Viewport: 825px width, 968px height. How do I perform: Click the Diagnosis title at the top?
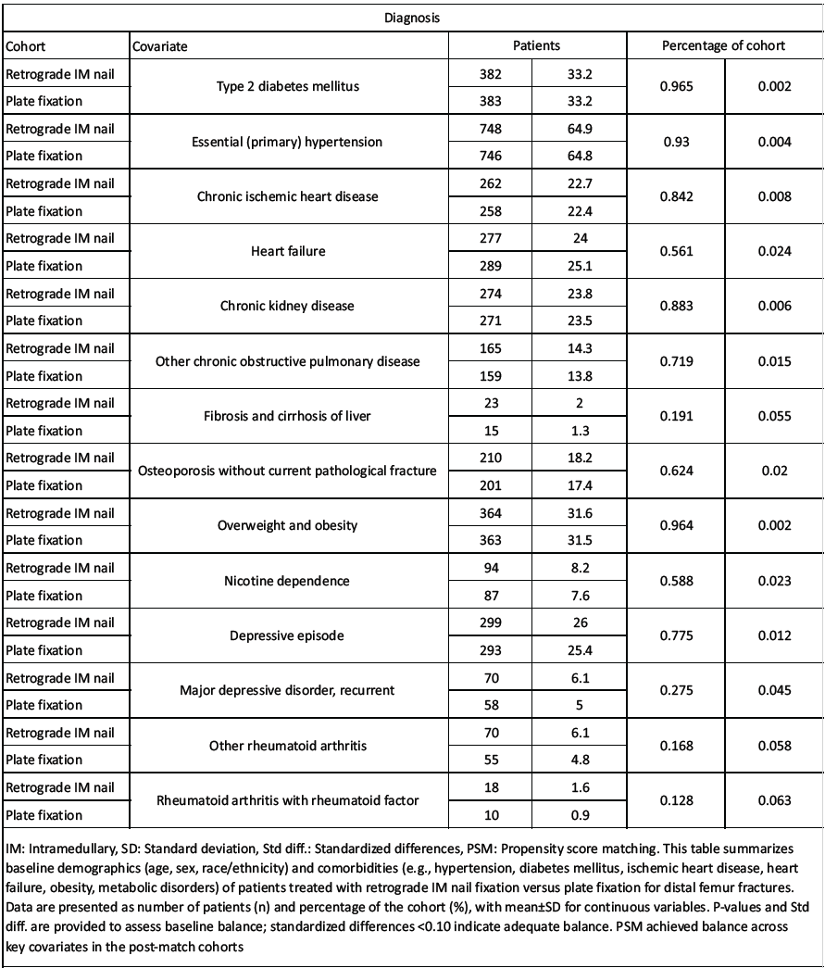click(x=412, y=17)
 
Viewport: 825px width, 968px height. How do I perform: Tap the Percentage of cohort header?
click(x=724, y=45)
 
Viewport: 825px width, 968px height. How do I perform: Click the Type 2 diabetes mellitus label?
click(x=290, y=86)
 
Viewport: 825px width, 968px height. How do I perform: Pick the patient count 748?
click(x=494, y=128)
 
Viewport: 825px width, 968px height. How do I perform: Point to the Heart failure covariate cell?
click(x=290, y=251)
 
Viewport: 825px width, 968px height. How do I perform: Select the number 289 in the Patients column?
click(x=494, y=266)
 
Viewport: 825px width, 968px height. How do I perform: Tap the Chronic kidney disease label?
click(x=290, y=306)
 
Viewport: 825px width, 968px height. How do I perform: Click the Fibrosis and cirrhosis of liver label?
click(x=290, y=416)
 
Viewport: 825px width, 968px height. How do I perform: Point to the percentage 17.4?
click(x=582, y=485)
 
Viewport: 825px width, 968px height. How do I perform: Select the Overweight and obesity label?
click(x=290, y=526)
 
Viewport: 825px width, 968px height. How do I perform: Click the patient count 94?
click(x=494, y=568)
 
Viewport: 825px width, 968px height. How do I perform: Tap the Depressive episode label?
click(x=290, y=636)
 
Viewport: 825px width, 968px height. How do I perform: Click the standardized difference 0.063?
click(x=772, y=801)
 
